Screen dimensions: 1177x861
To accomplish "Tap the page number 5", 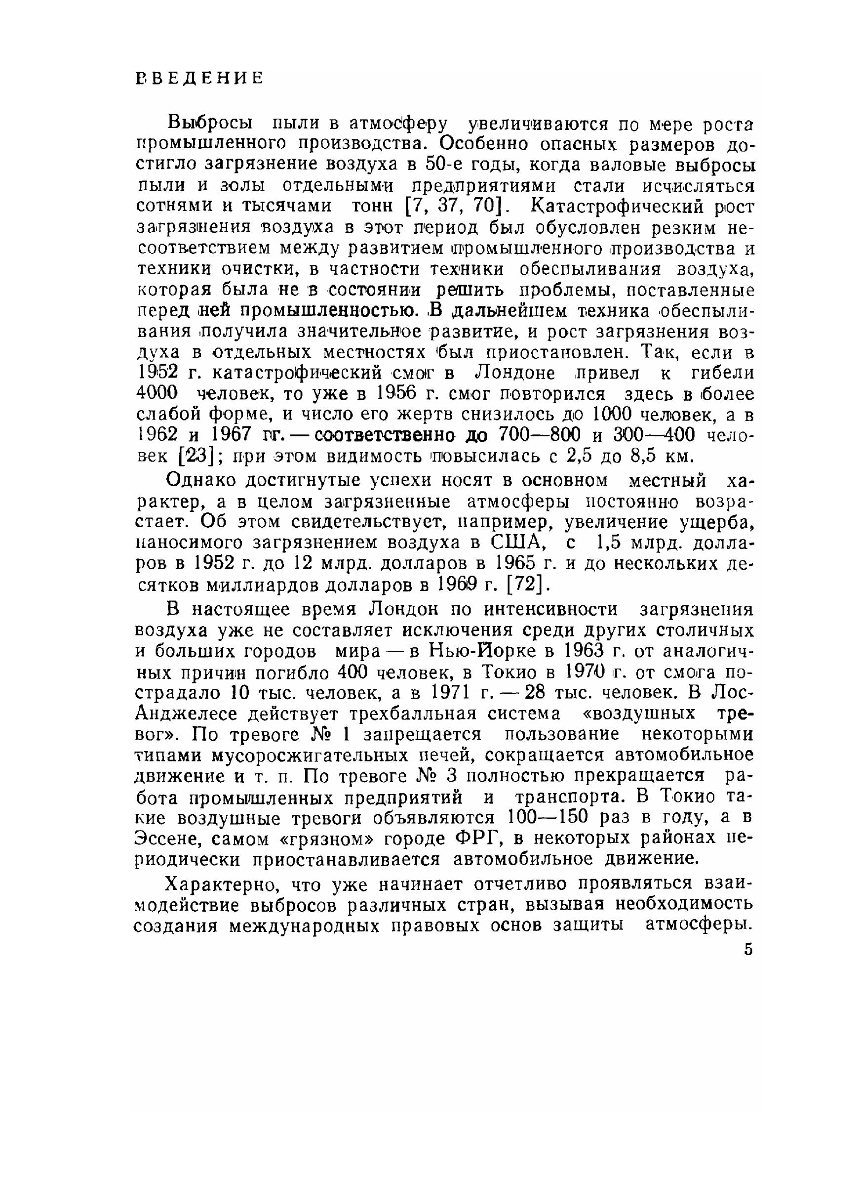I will tap(748, 950).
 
